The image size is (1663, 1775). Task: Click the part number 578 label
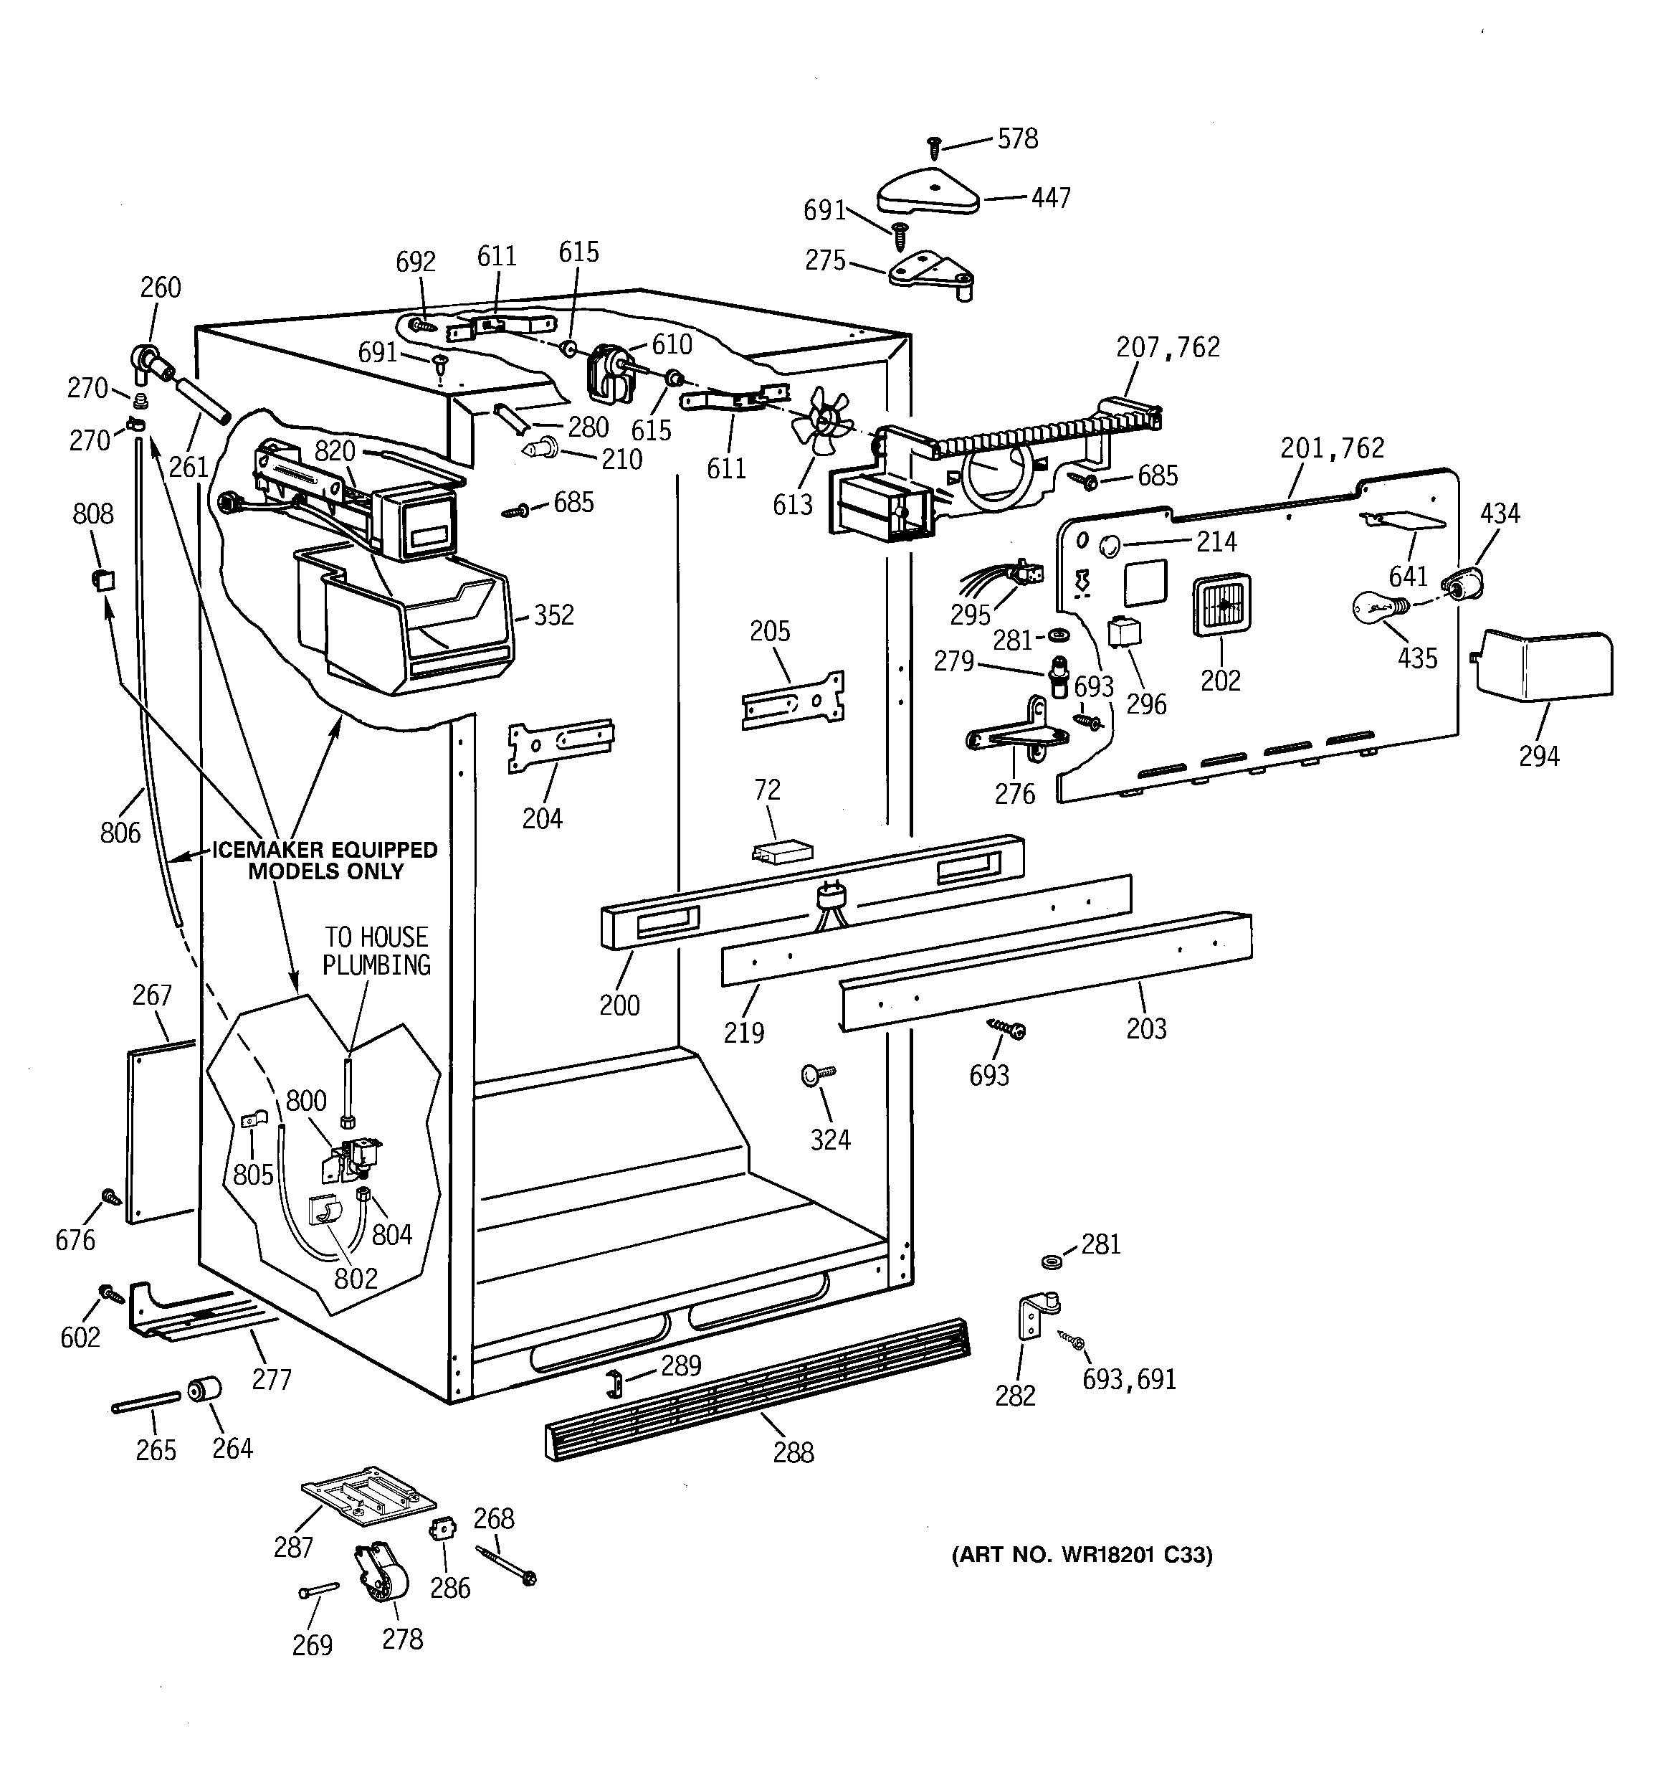pyautogui.click(x=1018, y=139)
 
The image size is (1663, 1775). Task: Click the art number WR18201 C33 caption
pyautogui.click(x=1081, y=1554)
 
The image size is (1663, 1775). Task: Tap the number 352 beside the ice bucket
pyautogui.click(x=553, y=615)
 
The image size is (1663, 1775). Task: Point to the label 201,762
pyautogui.click(x=1332, y=448)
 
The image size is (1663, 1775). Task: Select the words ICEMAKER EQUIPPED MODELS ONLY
pyautogui.click(x=325, y=861)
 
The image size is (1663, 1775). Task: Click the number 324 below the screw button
pyautogui.click(x=830, y=1140)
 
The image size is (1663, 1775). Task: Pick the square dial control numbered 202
pyautogui.click(x=1222, y=606)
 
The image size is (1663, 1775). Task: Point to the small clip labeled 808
pyautogui.click(x=103, y=579)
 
